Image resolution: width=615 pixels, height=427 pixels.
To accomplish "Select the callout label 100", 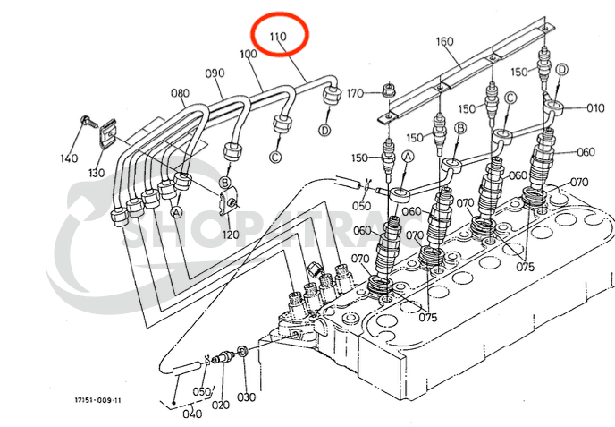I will [x=249, y=56].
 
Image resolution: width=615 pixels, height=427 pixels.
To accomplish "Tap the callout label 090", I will [x=215, y=73].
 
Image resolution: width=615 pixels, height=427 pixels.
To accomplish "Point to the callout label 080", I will [x=180, y=92].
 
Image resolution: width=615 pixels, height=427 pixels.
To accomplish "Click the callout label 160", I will [x=445, y=41].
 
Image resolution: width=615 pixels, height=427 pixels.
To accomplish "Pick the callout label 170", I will [x=355, y=93].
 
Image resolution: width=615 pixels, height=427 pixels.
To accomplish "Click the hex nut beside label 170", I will [x=387, y=90].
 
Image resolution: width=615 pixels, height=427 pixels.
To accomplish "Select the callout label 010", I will [x=596, y=107].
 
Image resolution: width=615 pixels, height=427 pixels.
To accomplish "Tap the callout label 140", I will [x=70, y=158].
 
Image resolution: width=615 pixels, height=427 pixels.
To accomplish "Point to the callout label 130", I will [x=96, y=173].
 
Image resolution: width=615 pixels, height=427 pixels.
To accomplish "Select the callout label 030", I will [x=246, y=397].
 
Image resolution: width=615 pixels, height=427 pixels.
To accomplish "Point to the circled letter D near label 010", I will [x=561, y=70].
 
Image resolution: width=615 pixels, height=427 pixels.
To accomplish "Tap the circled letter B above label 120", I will [x=225, y=184].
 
